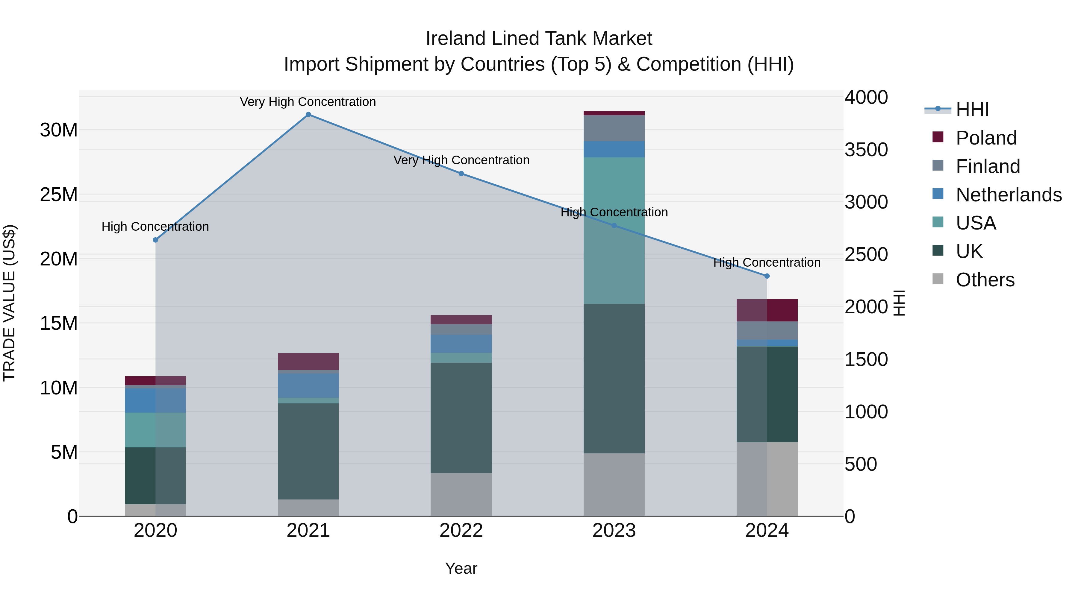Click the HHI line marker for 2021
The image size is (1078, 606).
coord(308,115)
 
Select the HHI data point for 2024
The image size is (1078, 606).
coord(767,276)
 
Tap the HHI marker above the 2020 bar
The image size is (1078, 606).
coord(155,240)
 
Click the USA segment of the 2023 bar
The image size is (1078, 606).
coord(614,230)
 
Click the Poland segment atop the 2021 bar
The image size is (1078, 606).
coord(308,361)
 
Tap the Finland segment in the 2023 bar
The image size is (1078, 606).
coord(614,128)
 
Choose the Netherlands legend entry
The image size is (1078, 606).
coord(1008,195)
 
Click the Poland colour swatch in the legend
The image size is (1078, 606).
coord(938,137)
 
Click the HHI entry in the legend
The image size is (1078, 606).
coord(972,110)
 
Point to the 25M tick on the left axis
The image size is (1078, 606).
coord(59,195)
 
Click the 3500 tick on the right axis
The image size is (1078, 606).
coord(866,150)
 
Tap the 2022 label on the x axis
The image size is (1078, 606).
coord(461,531)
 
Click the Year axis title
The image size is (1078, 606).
coord(461,568)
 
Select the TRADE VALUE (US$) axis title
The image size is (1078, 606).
coord(9,303)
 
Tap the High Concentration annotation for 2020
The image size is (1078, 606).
coord(155,227)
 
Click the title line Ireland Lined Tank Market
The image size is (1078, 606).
coord(539,39)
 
